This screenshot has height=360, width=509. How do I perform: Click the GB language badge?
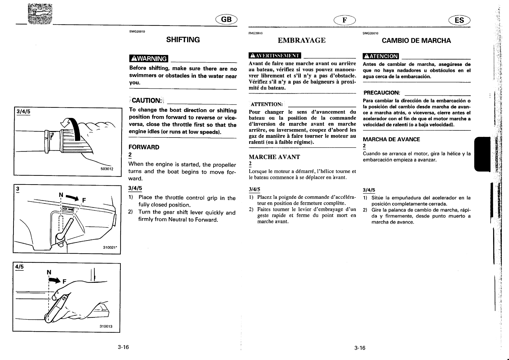pyautogui.click(x=226, y=20)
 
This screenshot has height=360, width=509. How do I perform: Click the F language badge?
pyautogui.click(x=344, y=20)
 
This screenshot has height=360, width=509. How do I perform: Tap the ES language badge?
pyautogui.click(x=459, y=20)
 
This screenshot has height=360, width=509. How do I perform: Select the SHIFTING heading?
pyautogui.click(x=183, y=40)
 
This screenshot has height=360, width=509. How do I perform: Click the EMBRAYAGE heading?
pyautogui.click(x=302, y=40)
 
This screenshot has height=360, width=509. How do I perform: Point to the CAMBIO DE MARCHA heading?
pyautogui.click(x=416, y=40)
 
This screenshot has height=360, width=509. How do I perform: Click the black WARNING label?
pyautogui.click(x=148, y=58)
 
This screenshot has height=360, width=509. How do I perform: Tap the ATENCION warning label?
pyautogui.click(x=381, y=56)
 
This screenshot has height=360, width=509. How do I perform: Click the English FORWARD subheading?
pyautogui.click(x=144, y=147)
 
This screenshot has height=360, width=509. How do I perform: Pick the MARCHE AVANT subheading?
pyautogui.click(x=274, y=157)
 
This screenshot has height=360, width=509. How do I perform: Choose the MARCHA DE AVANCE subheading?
pyautogui.click(x=391, y=139)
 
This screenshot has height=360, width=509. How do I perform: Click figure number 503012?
pyautogui.click(x=107, y=169)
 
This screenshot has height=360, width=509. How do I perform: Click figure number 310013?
pyautogui.click(x=106, y=326)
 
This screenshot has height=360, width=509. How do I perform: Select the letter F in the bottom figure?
pyautogui.click(x=65, y=282)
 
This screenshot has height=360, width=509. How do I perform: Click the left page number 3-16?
pyautogui.click(x=123, y=347)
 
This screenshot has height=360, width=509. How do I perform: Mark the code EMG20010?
pyautogui.click(x=137, y=31)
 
